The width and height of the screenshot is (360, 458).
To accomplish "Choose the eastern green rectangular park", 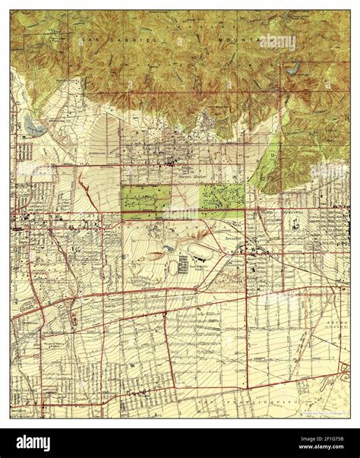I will (222, 199).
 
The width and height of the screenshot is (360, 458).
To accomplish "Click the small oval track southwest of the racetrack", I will (174, 267).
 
